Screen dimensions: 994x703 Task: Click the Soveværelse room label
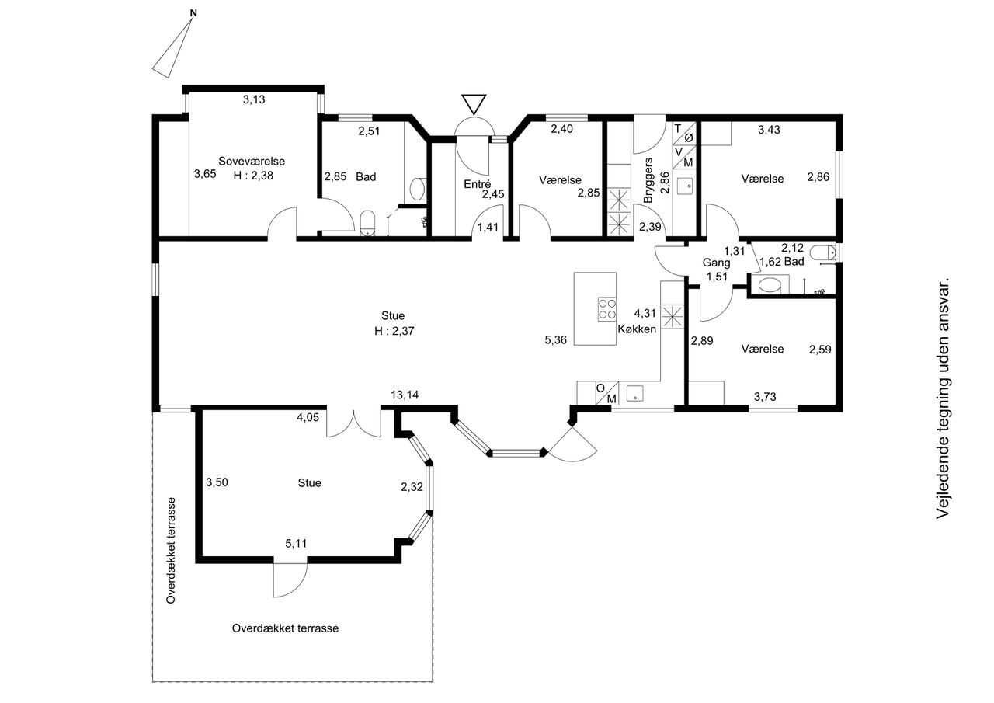tap(251, 161)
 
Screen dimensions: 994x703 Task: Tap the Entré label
tap(477, 184)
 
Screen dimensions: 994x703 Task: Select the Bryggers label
tap(648, 180)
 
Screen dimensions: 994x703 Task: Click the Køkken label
tap(637, 329)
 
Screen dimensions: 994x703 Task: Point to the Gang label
tap(716, 263)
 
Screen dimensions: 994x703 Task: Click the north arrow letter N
tap(193, 13)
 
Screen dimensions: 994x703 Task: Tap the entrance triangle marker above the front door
tap(474, 104)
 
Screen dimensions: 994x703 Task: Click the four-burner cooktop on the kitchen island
tap(607, 309)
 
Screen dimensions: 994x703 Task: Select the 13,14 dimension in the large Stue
tap(405, 395)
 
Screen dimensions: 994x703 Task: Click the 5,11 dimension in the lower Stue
tap(296, 543)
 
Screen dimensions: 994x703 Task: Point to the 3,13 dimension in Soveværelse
tap(254, 99)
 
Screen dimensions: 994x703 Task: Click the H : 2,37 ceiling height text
tap(394, 331)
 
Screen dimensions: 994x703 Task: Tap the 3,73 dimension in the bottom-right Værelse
tap(765, 396)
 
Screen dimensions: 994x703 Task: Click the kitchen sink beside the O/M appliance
tap(635, 393)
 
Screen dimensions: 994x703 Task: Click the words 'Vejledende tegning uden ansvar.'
tap(942, 398)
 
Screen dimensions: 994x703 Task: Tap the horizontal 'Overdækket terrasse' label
tap(285, 628)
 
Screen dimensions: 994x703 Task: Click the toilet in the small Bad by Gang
tap(823, 253)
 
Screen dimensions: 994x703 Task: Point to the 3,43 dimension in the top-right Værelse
tap(769, 130)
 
